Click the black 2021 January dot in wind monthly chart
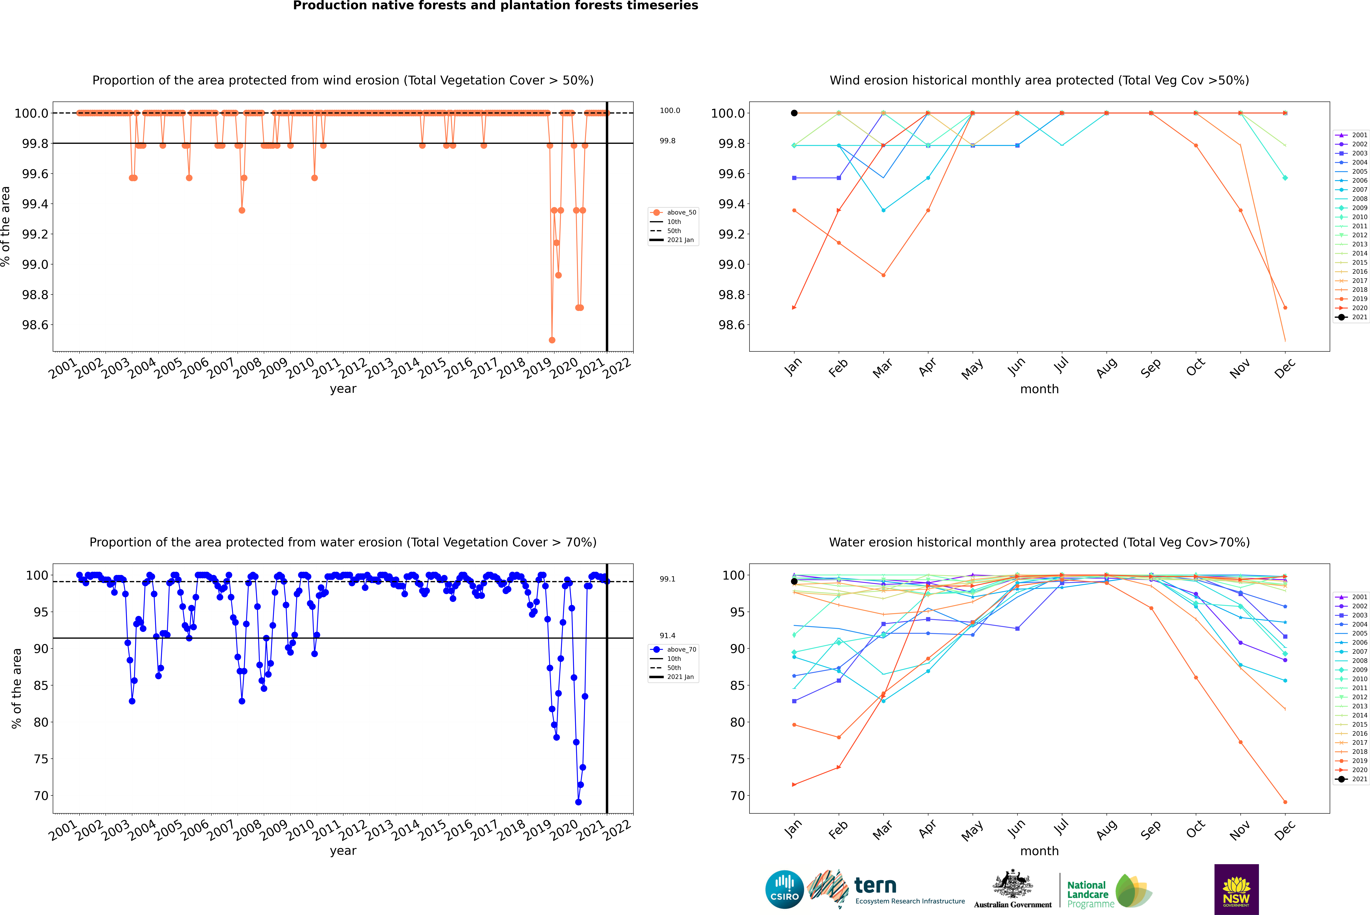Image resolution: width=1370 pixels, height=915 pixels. [794, 113]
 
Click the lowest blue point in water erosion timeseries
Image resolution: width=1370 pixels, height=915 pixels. [578, 802]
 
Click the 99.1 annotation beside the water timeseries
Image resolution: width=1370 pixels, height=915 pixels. [668, 579]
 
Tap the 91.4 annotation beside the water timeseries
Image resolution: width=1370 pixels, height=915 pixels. [668, 635]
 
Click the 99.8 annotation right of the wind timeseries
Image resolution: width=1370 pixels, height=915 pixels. [668, 141]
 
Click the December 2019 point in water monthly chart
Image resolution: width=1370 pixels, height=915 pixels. [1285, 802]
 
